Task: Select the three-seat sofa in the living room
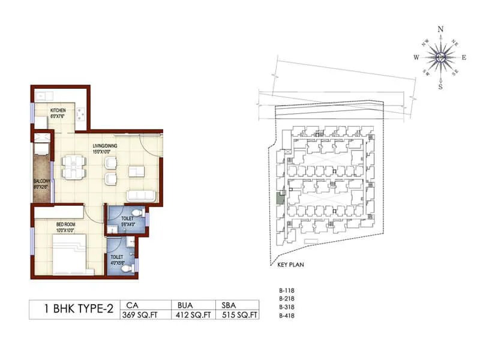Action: click(142, 195)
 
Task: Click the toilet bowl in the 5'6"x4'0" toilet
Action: click(137, 213)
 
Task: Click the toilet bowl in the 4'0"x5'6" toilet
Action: click(127, 269)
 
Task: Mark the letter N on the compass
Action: click(440, 29)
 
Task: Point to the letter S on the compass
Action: click(440, 86)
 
